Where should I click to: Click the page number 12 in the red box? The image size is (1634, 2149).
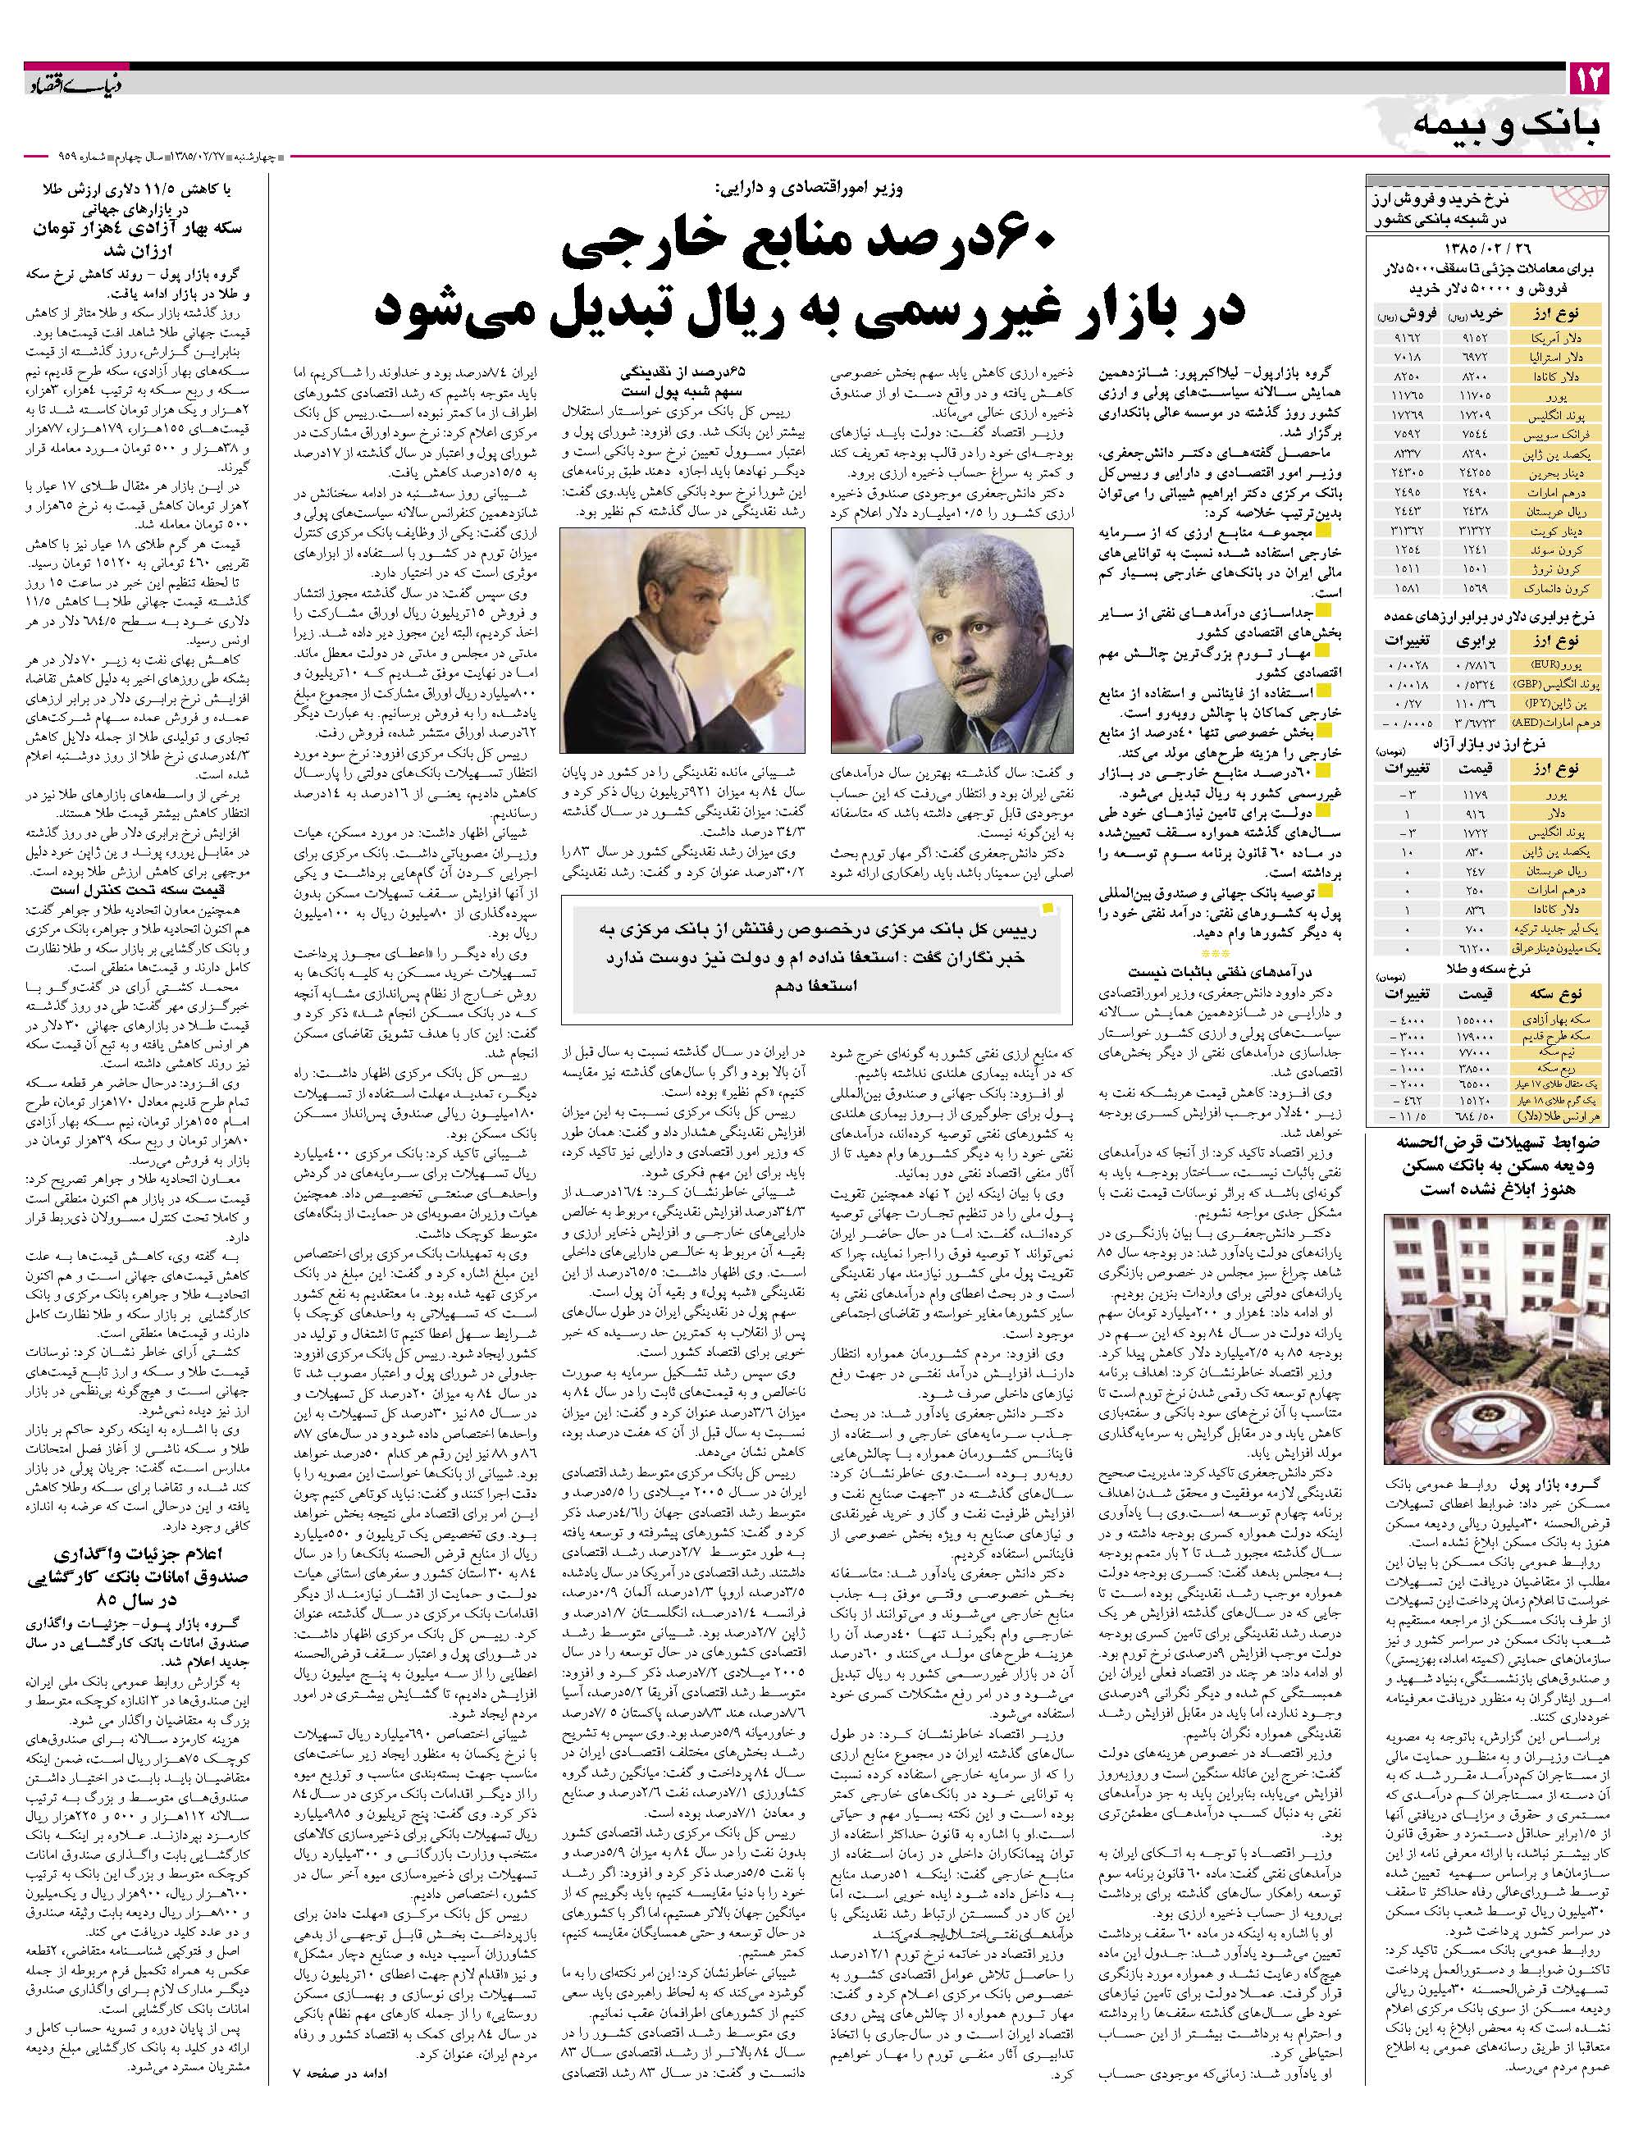click(1591, 77)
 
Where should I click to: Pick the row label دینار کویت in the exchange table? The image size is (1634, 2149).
click(1561, 531)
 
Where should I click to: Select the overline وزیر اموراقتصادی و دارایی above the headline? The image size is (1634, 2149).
click(807, 189)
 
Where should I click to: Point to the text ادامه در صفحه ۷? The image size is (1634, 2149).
click(341, 2119)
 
